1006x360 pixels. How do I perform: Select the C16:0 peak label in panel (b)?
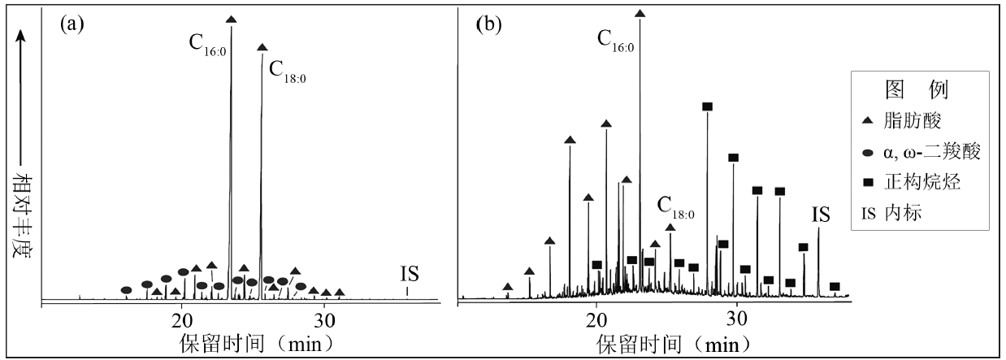(615, 41)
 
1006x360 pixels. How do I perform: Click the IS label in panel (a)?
(410, 274)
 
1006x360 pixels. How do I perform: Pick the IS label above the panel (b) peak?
(821, 215)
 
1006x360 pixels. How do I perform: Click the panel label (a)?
(72, 24)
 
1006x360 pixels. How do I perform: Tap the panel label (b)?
(488, 24)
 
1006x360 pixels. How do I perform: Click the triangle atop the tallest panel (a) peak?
(231, 19)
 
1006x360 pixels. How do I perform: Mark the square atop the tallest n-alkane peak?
(707, 106)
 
